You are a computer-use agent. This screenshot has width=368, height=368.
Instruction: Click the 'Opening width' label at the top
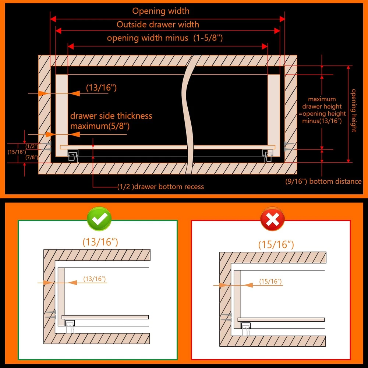point(161,11)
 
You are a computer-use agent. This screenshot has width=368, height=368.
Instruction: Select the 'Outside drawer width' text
point(158,24)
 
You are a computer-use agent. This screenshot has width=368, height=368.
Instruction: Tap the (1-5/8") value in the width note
point(208,38)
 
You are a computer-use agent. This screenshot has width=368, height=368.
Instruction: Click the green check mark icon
point(99,219)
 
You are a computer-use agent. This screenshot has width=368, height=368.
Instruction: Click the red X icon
point(272,219)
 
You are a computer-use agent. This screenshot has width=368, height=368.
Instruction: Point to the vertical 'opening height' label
point(354,110)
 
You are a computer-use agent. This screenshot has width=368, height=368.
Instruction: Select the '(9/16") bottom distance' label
point(323,181)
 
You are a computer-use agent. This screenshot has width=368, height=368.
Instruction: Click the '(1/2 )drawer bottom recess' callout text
point(160,187)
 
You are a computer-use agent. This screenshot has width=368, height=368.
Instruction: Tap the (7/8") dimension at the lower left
point(32,157)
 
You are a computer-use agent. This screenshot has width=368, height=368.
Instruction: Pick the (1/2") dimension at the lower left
point(32,146)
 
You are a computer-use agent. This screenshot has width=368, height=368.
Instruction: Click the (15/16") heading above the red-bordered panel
point(276,245)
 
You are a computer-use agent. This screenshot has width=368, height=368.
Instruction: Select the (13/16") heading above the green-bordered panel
point(100,242)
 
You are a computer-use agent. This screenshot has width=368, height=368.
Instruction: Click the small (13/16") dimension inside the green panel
point(95,279)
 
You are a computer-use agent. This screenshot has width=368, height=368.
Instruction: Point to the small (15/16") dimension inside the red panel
point(270,282)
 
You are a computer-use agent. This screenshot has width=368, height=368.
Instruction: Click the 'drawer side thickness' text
point(111,116)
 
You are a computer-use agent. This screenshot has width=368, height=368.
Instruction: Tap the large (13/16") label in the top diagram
point(102,88)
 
